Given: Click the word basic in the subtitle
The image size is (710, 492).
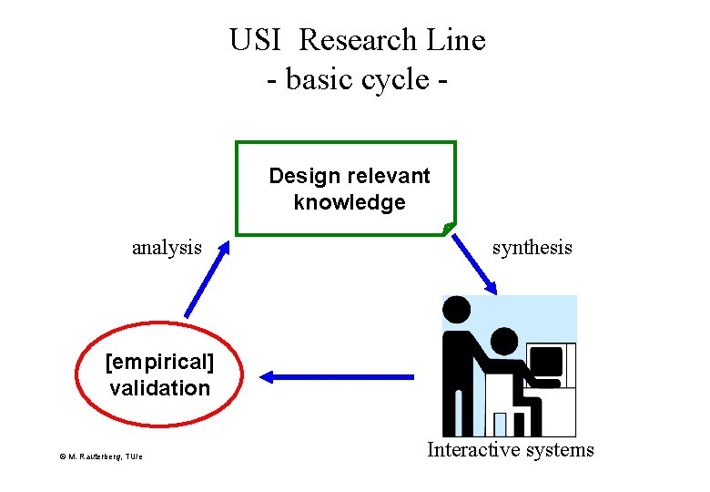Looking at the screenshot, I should (x=318, y=79).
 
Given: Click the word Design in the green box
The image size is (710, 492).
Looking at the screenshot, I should (x=301, y=175).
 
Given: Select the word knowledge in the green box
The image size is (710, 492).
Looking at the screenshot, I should (x=350, y=202).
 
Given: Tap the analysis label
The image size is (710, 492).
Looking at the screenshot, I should (x=167, y=247).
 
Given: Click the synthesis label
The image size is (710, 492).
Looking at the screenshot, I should (x=532, y=247).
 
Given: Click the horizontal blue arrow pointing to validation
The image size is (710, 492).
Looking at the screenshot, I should (x=337, y=375).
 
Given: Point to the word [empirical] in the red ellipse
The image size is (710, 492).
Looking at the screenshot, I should (x=159, y=363).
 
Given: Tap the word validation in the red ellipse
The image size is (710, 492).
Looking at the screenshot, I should (x=159, y=388).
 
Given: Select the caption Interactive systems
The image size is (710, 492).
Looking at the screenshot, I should (x=511, y=449).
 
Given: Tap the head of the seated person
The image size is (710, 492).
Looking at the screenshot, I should (x=503, y=342).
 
